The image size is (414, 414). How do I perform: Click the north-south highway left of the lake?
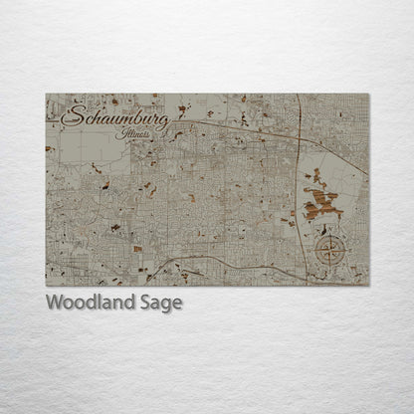pos(302,179)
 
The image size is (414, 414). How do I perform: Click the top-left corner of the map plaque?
pos(46,94)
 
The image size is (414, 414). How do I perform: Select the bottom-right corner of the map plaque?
pos(369,287)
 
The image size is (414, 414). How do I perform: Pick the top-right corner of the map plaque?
pos(369,94)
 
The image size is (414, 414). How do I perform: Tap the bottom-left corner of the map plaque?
pos(46,287)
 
